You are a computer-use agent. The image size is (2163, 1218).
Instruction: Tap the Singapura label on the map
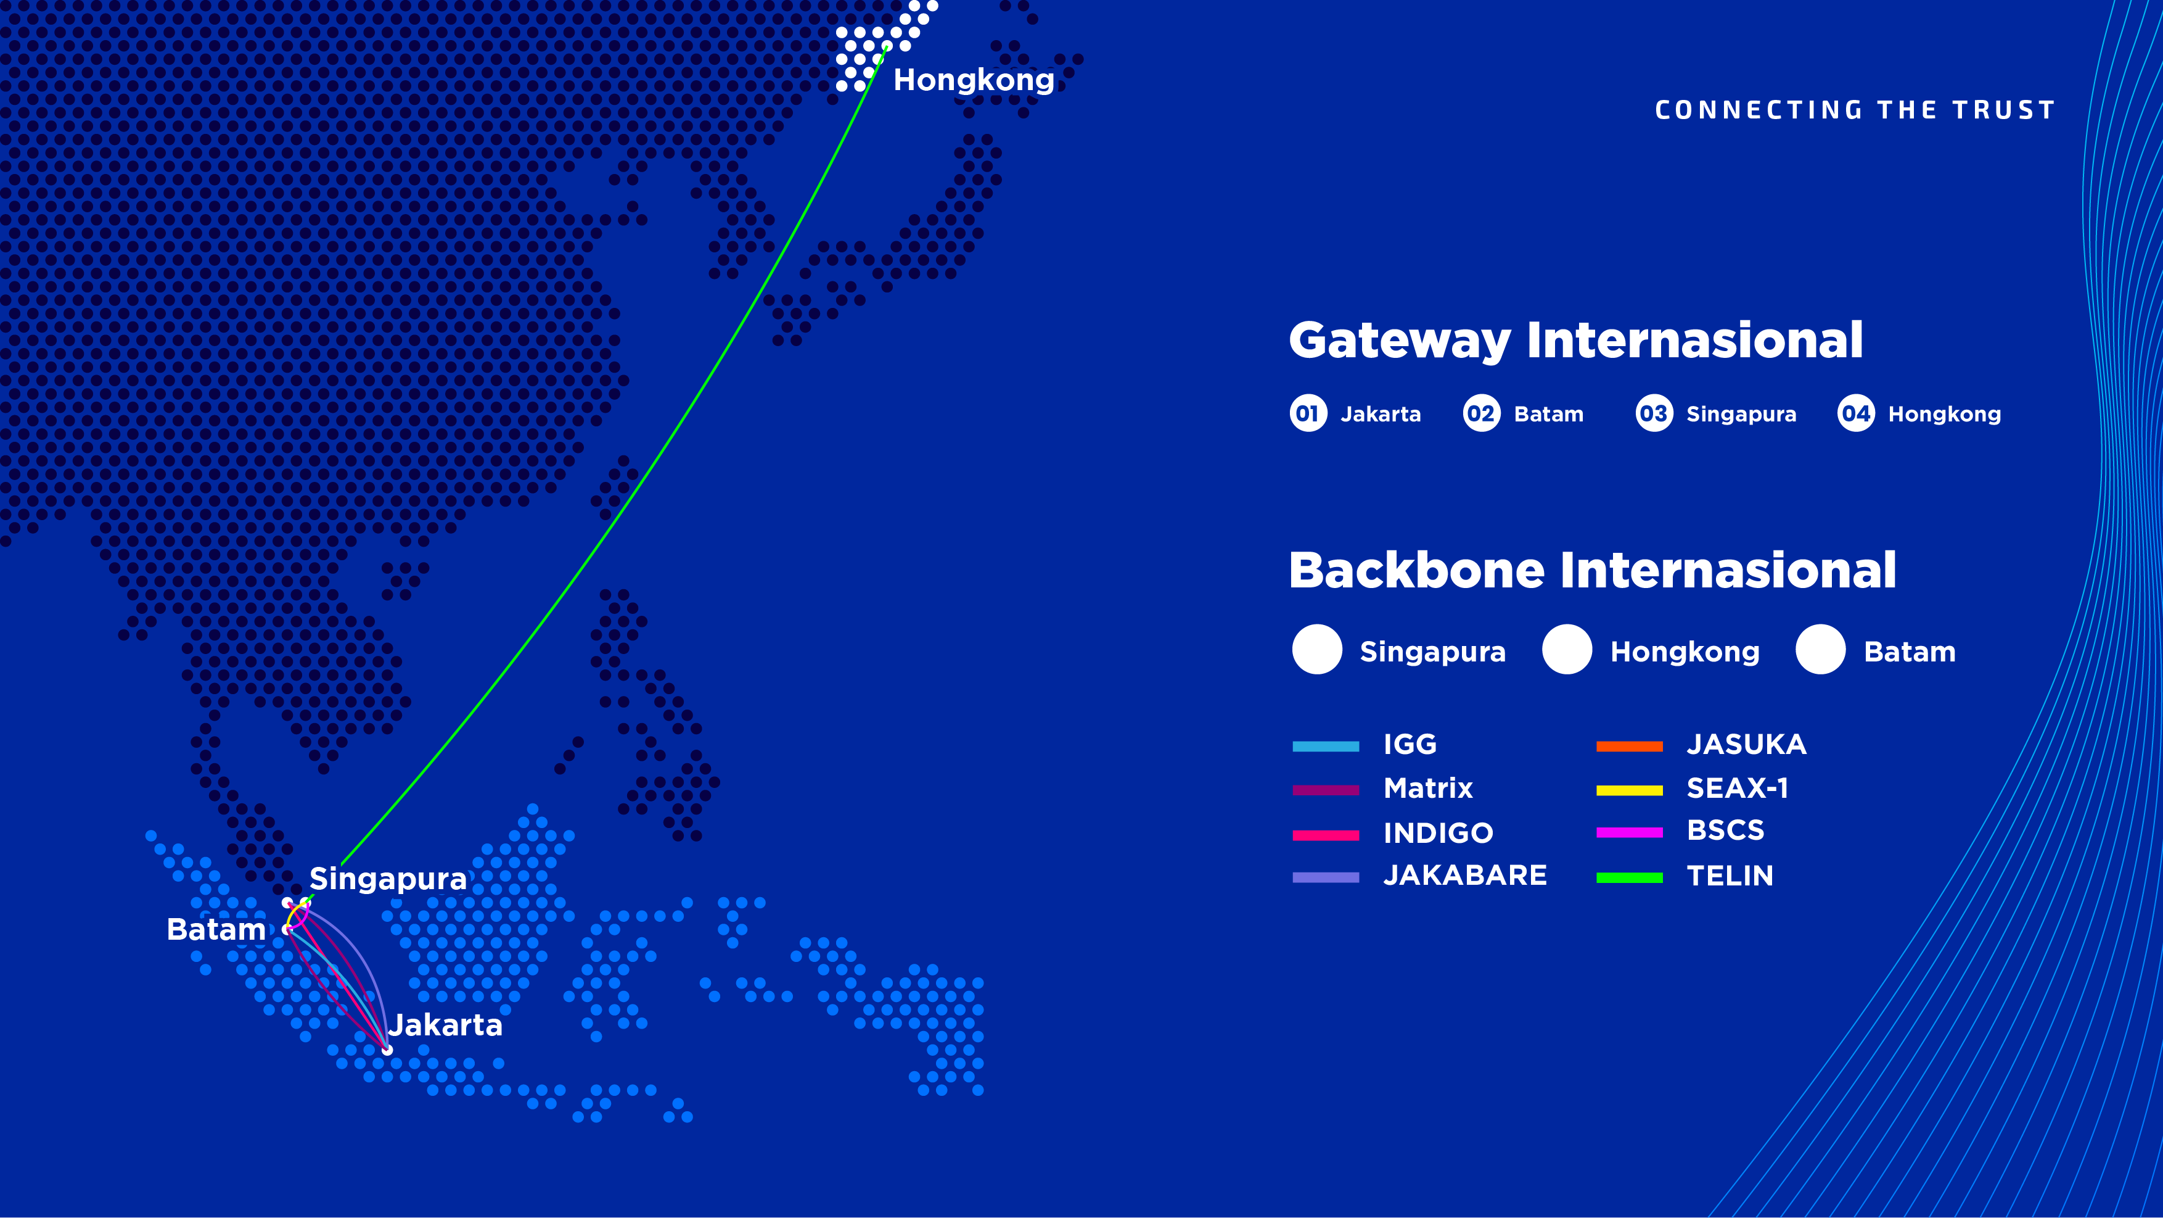point(388,879)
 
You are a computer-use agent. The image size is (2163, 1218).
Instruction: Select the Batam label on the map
point(216,930)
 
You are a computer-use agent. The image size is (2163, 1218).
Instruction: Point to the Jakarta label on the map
point(445,1025)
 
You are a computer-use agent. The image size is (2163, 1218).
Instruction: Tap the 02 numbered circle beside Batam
point(1481,413)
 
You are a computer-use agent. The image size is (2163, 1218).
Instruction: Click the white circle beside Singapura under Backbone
point(1316,649)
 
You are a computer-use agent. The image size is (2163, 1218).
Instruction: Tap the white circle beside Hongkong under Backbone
point(1567,649)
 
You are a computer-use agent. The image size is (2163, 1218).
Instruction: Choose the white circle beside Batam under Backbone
point(1820,649)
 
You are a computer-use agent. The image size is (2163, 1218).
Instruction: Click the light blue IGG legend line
point(1326,746)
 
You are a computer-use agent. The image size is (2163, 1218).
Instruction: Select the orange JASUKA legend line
point(1629,746)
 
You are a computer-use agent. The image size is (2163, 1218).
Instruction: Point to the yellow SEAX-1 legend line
point(1629,790)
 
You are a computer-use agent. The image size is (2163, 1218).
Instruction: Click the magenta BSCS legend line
point(1629,832)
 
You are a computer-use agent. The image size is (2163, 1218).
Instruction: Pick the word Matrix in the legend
point(1428,789)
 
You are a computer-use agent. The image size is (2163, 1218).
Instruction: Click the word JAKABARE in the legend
point(1465,876)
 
